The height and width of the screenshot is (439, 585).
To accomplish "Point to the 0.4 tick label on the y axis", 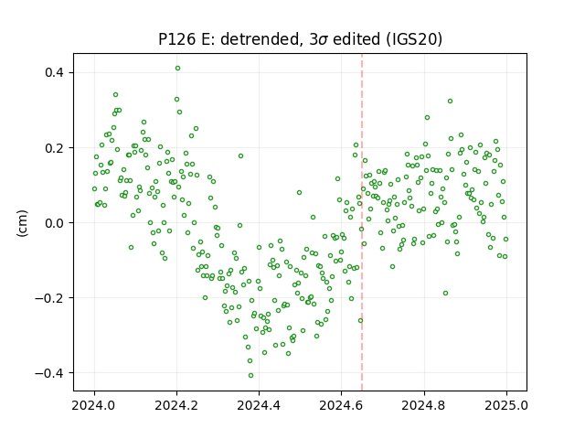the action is pyautogui.click(x=54, y=72).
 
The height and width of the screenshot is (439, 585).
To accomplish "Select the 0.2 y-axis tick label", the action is pyautogui.click(x=54, y=148).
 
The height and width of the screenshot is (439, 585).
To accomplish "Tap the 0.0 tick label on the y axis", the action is pyautogui.click(x=54, y=223).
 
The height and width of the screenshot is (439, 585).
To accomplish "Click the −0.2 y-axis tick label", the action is pyautogui.click(x=49, y=298).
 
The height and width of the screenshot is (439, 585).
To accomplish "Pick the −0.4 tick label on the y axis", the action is pyautogui.click(x=49, y=373).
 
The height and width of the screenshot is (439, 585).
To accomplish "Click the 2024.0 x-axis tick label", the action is pyautogui.click(x=94, y=405).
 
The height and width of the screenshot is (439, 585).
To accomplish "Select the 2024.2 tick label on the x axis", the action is pyautogui.click(x=176, y=405).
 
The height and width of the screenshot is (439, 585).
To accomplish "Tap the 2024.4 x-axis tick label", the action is pyautogui.click(x=259, y=405).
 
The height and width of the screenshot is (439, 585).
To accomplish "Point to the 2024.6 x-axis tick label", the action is pyautogui.click(x=341, y=405).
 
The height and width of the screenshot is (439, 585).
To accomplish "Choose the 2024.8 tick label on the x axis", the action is pyautogui.click(x=424, y=405).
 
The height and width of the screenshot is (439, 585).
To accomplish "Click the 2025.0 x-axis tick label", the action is pyautogui.click(x=506, y=405).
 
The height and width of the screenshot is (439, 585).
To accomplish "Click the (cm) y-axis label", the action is pyautogui.click(x=22, y=223).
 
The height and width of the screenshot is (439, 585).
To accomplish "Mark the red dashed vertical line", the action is pyautogui.click(x=362, y=222).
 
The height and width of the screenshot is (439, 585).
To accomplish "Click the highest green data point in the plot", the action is pyautogui.click(x=177, y=69).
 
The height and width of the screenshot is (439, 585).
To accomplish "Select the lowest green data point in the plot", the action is pyautogui.click(x=250, y=376).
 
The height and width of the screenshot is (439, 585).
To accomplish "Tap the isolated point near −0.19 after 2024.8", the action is pyautogui.click(x=445, y=294).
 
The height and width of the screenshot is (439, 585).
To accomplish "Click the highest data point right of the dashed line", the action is pyautogui.click(x=450, y=102).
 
